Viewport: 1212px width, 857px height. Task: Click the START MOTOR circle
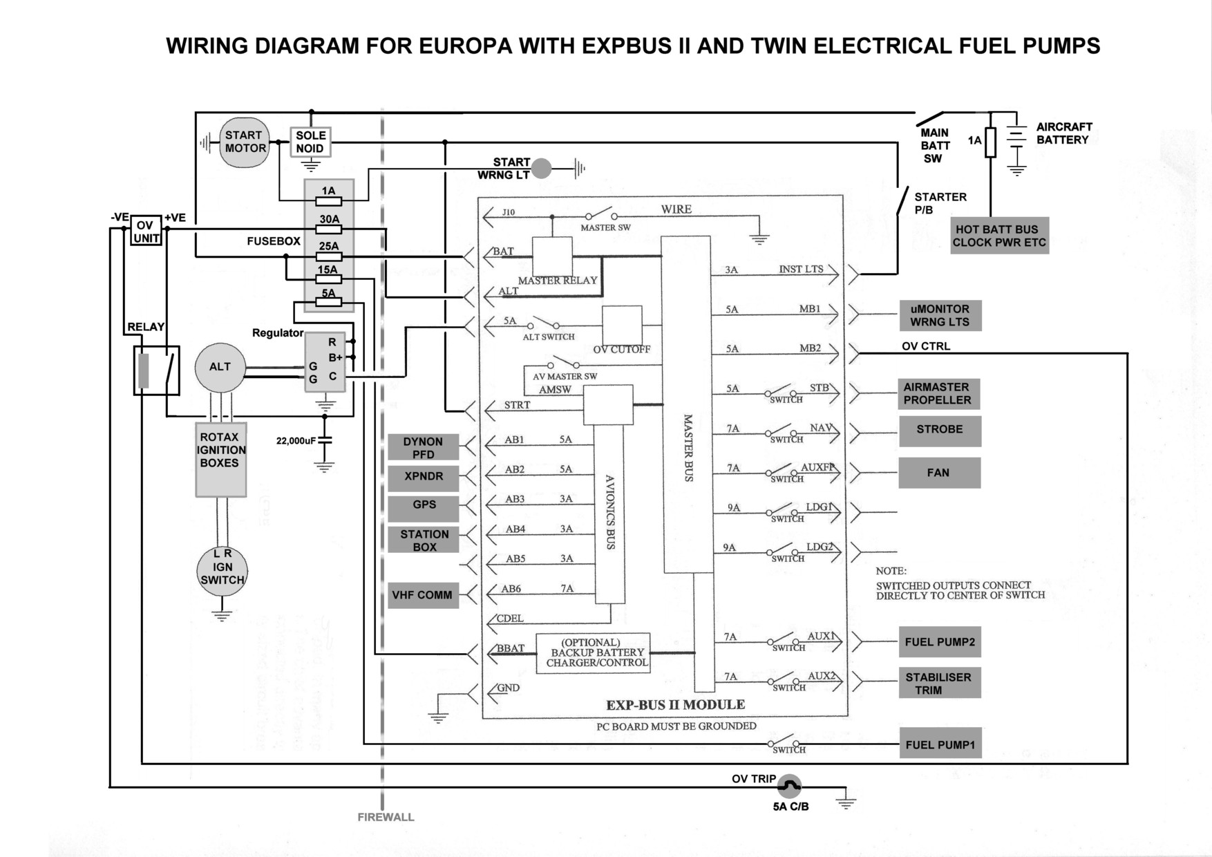coord(244,142)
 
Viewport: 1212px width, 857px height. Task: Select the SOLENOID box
coord(310,142)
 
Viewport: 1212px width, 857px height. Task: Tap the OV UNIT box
coord(146,232)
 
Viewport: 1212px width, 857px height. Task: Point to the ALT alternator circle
coord(220,367)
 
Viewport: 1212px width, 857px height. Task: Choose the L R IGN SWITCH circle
coord(222,572)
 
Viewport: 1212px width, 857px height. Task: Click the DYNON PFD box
coord(423,447)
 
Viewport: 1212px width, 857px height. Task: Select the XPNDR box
coord(423,477)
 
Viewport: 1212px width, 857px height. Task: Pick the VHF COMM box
coord(423,595)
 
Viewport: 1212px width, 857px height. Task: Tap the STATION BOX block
coord(424,540)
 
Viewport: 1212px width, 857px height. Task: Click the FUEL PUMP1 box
coord(940,745)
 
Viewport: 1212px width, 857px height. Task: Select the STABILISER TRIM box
coord(939,683)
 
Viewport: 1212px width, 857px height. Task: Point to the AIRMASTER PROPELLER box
coord(938,393)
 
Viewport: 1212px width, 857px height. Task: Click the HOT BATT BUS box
coord(999,236)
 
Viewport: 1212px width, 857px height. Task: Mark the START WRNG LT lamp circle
coord(542,168)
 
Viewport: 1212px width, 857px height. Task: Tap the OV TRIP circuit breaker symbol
coord(789,785)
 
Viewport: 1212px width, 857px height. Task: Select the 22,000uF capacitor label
coord(296,441)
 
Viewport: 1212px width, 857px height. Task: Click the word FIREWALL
coord(386,817)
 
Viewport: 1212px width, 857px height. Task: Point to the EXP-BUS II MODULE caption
coord(675,705)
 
